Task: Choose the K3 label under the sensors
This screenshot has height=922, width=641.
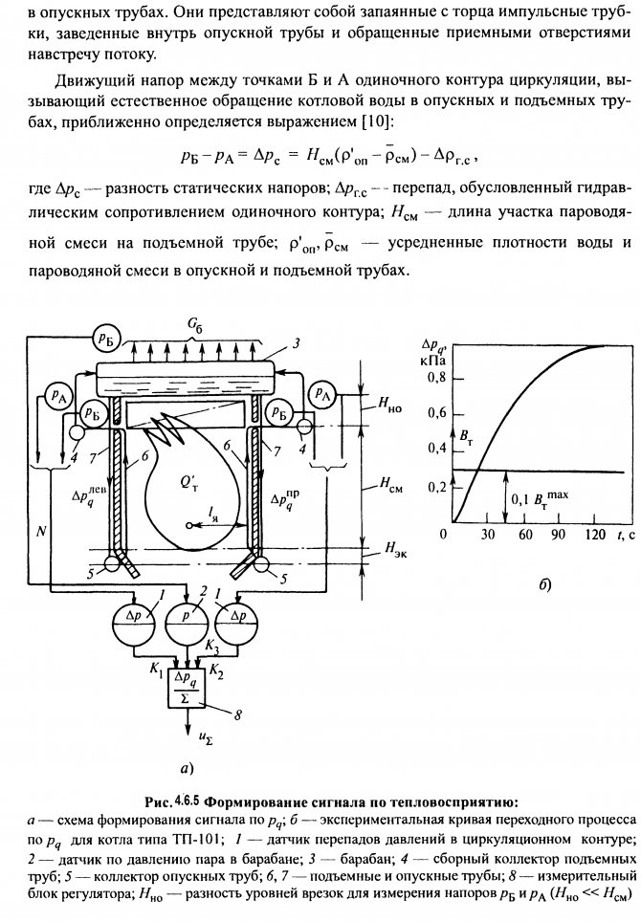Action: point(212,648)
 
